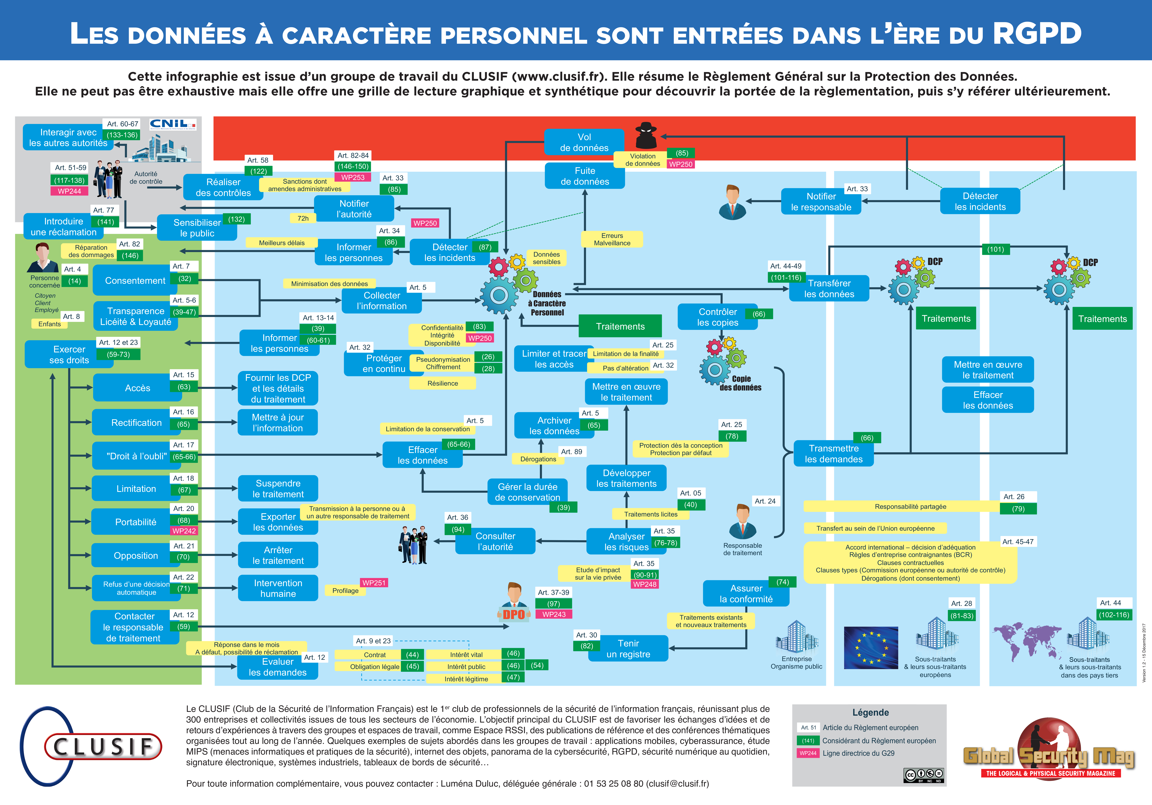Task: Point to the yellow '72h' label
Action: (303, 218)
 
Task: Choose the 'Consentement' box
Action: (135, 281)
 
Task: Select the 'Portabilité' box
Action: (135, 522)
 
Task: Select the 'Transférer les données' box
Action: (829, 289)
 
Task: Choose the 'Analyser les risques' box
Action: (626, 541)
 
